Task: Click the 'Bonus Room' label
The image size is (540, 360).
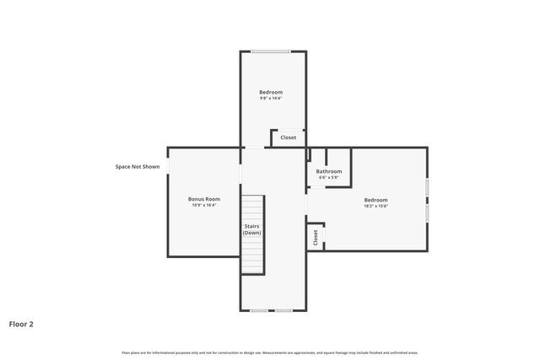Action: [x=203, y=199]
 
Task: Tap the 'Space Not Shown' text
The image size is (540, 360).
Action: [x=138, y=167]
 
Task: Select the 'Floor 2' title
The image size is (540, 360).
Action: [x=21, y=323]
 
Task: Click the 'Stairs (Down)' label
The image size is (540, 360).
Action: [x=252, y=229]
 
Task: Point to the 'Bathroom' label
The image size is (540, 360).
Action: [x=328, y=172]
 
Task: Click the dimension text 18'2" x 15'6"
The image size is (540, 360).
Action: [x=375, y=206]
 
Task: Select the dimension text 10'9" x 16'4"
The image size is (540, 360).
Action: [x=203, y=205]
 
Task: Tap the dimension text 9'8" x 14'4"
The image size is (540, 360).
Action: [x=270, y=98]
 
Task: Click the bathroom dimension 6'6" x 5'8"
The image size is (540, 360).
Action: [x=328, y=178]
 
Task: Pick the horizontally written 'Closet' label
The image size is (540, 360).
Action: [x=288, y=137]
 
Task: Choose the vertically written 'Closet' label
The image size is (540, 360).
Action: [x=315, y=238]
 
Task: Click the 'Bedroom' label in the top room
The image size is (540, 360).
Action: [x=270, y=92]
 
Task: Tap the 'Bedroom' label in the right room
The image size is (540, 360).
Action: [x=375, y=200]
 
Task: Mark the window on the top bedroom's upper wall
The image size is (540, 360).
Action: [x=270, y=51]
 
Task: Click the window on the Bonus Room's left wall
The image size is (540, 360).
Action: [x=168, y=166]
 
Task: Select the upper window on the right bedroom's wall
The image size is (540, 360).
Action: [x=427, y=186]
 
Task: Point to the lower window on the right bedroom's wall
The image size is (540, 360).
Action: [x=427, y=213]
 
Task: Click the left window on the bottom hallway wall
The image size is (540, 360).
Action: [x=259, y=310]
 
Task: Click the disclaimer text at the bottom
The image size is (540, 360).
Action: [x=270, y=352]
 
